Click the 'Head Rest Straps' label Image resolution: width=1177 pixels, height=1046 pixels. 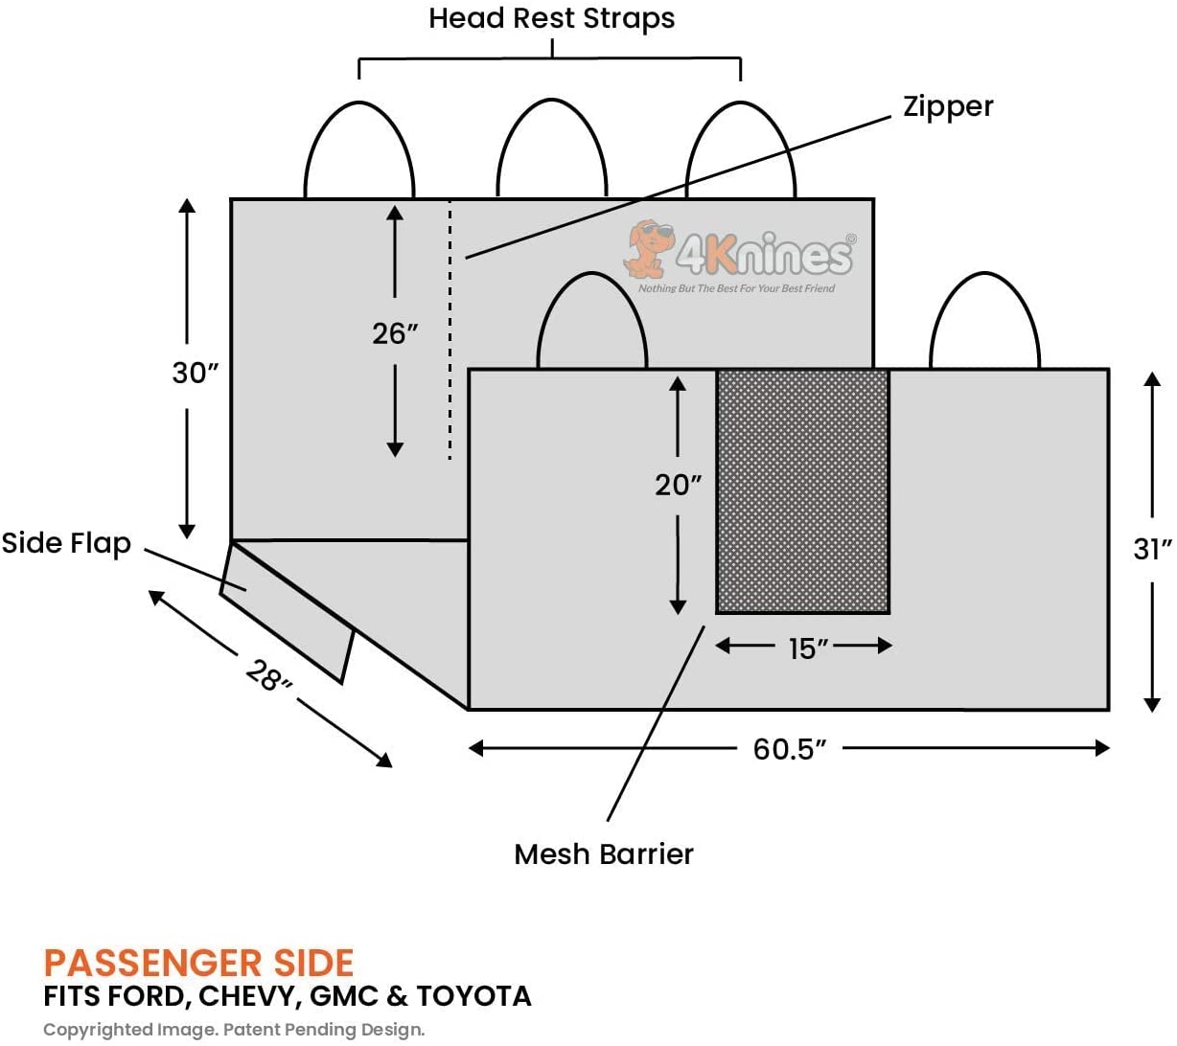pyautogui.click(x=551, y=18)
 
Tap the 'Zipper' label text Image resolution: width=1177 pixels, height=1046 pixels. pyautogui.click(x=947, y=106)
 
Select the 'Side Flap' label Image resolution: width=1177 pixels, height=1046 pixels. pyautogui.click(x=66, y=543)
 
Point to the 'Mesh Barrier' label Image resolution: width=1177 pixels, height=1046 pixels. pyautogui.click(x=603, y=853)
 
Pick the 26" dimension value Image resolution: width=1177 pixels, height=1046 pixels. pyautogui.click(x=395, y=333)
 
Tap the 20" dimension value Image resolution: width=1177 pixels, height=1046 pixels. pyautogui.click(x=678, y=485)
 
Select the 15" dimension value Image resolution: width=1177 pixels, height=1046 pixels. pyautogui.click(x=808, y=648)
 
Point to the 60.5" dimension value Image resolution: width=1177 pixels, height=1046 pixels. pyautogui.click(x=789, y=748)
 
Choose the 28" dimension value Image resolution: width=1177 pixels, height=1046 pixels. pyautogui.click(x=268, y=676)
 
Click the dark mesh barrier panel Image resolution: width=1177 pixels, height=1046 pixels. pyautogui.click(x=802, y=491)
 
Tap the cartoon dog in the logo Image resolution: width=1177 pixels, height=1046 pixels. pyautogui.click(x=645, y=247)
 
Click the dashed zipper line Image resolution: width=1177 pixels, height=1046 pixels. pyautogui.click(x=450, y=330)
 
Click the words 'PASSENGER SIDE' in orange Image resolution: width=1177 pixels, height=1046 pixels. pyautogui.click(x=198, y=963)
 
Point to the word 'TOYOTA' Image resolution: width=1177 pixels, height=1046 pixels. pyautogui.click(x=473, y=996)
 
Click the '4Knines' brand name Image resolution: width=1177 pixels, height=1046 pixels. pyautogui.click(x=764, y=254)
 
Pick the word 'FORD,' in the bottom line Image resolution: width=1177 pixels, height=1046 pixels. pyautogui.click(x=149, y=996)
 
